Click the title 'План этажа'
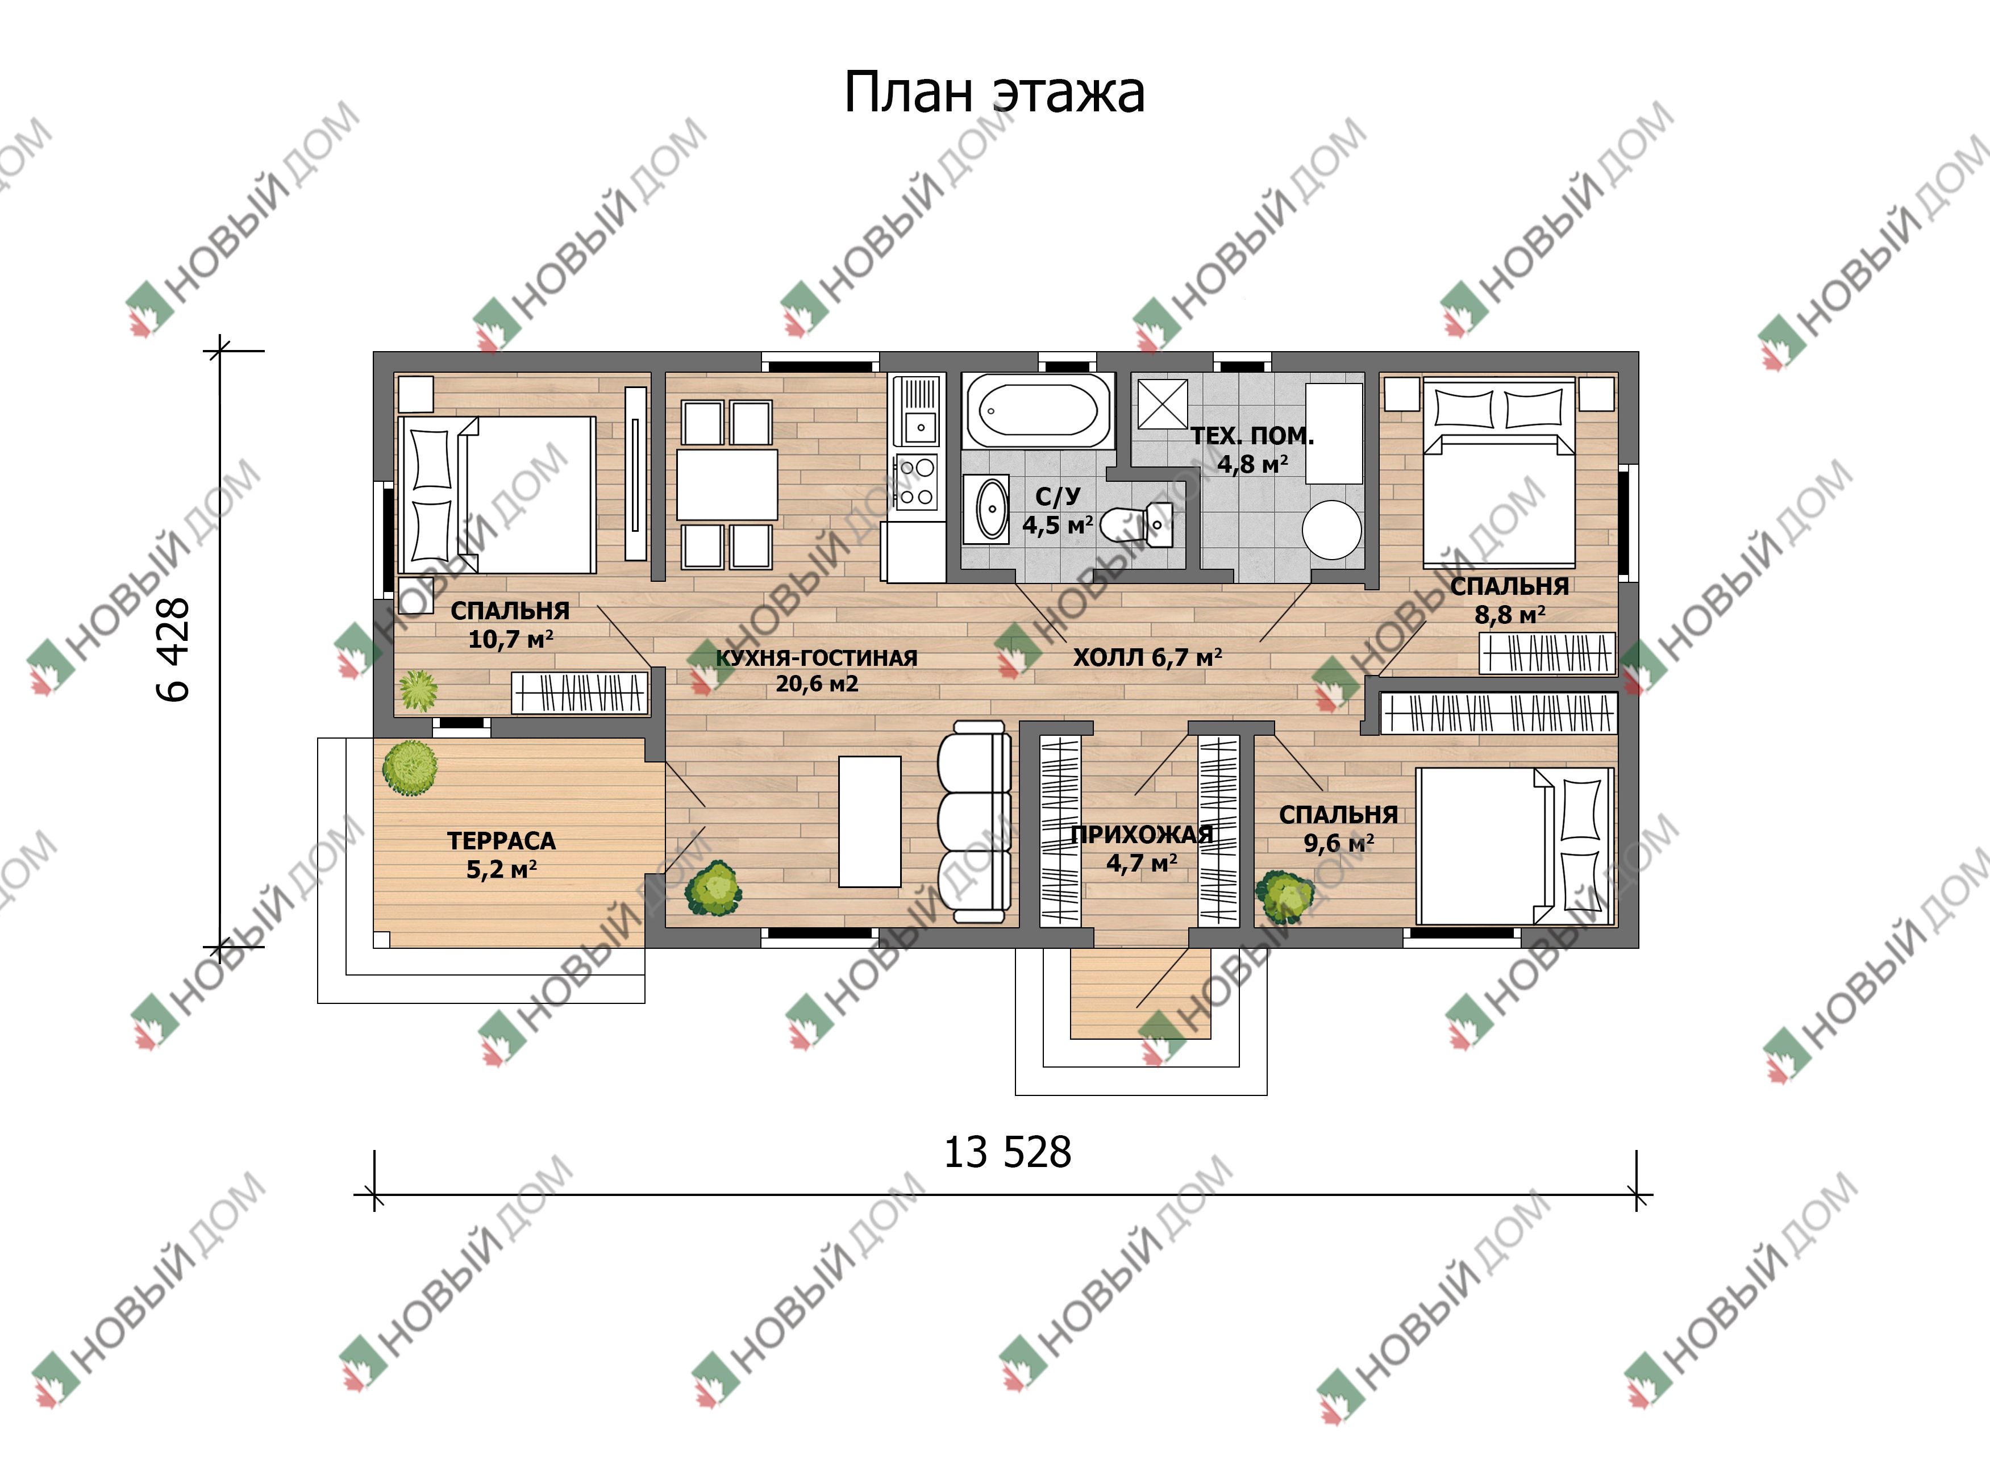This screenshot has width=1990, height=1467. coord(994,93)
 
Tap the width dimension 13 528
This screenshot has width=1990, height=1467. coord(1007,1153)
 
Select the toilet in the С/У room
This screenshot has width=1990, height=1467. coord(1136,525)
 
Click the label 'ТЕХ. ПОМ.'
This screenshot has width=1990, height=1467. coord(1252,436)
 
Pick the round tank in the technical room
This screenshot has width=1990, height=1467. coord(1331,530)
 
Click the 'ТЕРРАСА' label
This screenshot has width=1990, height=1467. coord(502,840)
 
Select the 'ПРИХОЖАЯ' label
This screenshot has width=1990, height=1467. coord(1142,834)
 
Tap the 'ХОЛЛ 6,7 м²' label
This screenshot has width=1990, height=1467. coord(1147,657)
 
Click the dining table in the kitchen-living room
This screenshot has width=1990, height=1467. coord(727,485)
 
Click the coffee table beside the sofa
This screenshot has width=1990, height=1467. coord(870,822)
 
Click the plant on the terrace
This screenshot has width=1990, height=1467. coord(409,768)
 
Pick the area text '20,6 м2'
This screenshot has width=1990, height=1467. coord(817,684)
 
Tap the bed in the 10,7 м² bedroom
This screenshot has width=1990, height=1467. coord(497,495)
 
